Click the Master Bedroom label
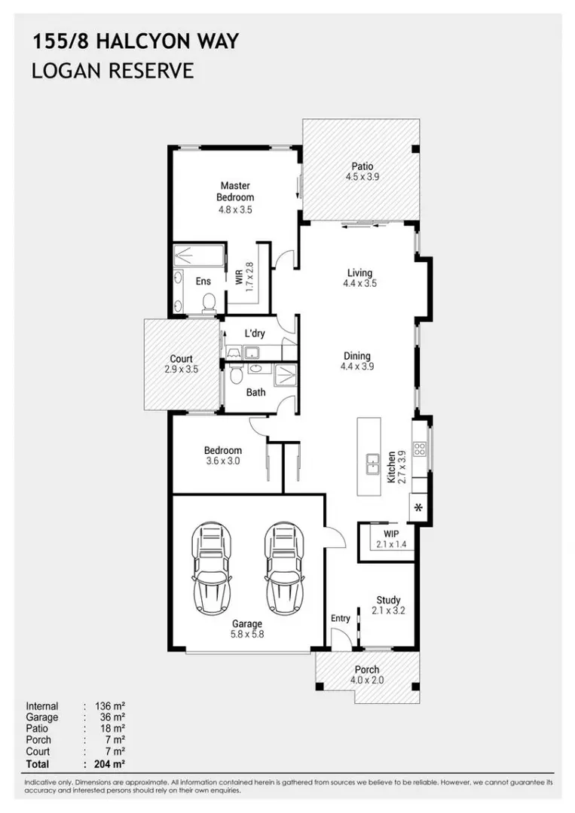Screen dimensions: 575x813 click(x=235, y=191)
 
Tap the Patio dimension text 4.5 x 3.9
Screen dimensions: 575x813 click(x=362, y=177)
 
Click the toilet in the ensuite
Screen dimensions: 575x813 click(x=209, y=303)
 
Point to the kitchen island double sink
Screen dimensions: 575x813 click(x=372, y=464)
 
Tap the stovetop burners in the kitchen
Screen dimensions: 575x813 click(x=419, y=449)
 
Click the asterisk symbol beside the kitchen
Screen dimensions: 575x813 click(x=418, y=507)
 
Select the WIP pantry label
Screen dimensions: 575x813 click(x=391, y=534)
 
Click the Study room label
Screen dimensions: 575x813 click(x=388, y=600)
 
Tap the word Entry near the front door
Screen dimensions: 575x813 click(x=341, y=618)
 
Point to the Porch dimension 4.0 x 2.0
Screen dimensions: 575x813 click(x=367, y=681)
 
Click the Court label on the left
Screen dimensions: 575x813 click(x=181, y=359)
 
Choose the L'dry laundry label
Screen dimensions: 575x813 click(x=255, y=333)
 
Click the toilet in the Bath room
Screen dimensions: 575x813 click(x=236, y=374)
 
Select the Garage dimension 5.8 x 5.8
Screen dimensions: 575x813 click(x=247, y=634)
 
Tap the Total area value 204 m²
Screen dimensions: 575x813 click(x=110, y=764)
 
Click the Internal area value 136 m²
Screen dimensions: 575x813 click(x=110, y=706)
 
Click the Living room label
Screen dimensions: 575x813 click(x=359, y=273)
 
